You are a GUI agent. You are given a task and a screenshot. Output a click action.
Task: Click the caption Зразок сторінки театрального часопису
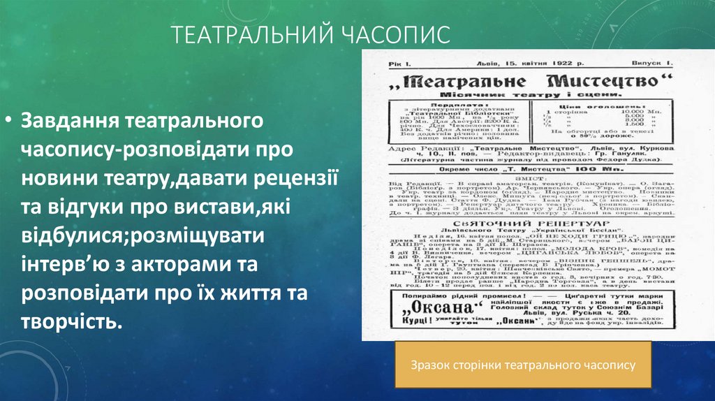click(x=523, y=365)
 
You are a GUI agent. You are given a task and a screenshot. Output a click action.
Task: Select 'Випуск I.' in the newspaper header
click(x=654, y=64)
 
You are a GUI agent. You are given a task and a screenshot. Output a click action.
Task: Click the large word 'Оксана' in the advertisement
click(x=427, y=309)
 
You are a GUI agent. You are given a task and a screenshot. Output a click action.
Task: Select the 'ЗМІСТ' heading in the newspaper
click(x=522, y=177)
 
